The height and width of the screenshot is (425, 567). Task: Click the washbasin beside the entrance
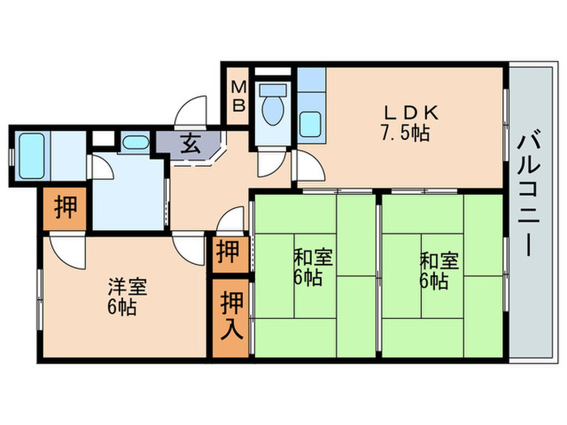click(134, 143)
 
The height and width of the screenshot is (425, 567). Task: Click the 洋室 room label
click(126, 287)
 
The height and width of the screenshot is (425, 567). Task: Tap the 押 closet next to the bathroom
click(66, 208)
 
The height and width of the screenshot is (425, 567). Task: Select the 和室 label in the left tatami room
click(313, 259)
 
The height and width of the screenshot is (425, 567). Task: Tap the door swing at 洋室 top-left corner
click(65, 250)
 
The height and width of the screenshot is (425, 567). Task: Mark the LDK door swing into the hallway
click(308, 168)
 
